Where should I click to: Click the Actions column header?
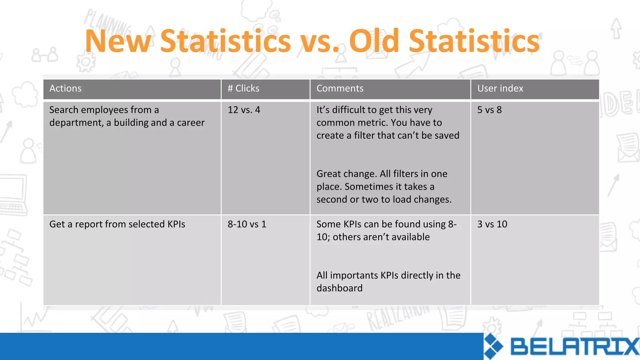(x=65, y=88)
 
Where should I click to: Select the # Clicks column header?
(x=243, y=88)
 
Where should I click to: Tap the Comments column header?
(x=340, y=88)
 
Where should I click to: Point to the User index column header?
(x=500, y=88)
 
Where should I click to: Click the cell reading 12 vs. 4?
(x=244, y=110)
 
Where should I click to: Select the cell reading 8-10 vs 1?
(x=247, y=224)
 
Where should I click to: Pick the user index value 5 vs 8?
(x=489, y=110)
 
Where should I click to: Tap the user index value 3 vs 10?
(x=492, y=224)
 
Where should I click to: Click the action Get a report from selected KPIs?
(x=117, y=224)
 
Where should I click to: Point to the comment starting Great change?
(x=384, y=187)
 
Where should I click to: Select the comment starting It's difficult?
(x=387, y=123)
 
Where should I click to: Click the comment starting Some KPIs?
(x=386, y=231)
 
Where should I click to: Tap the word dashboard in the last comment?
(x=339, y=288)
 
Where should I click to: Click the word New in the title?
(x=118, y=41)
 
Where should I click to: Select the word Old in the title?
(x=374, y=41)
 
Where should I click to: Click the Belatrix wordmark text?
(x=574, y=347)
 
